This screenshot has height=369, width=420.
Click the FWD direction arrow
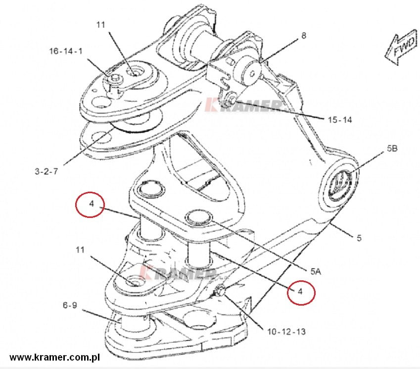[402, 47]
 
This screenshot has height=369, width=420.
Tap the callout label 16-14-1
[66, 51]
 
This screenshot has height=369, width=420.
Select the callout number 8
[304, 35]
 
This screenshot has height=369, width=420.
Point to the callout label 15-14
[340, 119]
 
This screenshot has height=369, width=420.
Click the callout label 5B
[392, 148]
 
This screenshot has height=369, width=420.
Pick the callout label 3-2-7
[47, 171]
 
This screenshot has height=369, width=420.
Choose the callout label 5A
[316, 271]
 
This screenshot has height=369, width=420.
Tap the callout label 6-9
[70, 305]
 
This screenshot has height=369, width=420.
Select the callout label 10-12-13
[286, 332]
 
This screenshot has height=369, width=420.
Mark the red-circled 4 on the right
[301, 292]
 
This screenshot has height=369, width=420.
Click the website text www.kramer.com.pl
[54, 357]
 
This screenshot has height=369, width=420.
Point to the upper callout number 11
[100, 25]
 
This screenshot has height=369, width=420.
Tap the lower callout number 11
[80, 250]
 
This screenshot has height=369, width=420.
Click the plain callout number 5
[359, 238]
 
